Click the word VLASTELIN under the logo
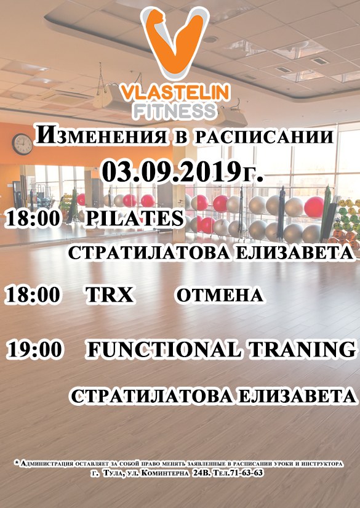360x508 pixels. (175, 93)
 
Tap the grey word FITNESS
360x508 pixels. (175, 111)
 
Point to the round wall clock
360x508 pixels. (22, 144)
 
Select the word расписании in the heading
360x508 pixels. (264, 137)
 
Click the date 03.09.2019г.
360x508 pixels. (182, 172)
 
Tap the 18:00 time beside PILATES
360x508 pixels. (33, 218)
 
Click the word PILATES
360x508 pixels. (135, 218)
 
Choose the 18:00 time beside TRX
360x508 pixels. (33, 295)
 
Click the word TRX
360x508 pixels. (110, 295)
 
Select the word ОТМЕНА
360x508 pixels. (220, 295)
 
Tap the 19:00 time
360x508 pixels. (34, 350)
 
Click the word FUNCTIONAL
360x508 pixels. (164, 350)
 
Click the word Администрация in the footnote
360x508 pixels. (47, 464)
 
